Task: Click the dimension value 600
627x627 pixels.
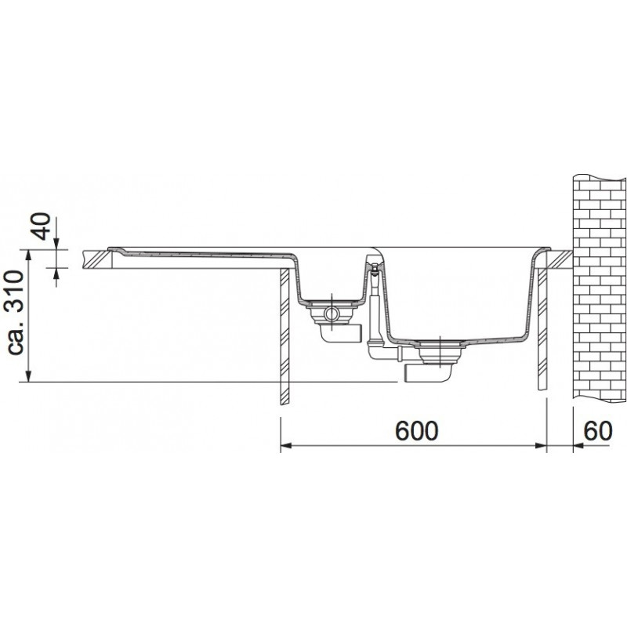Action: point(417,430)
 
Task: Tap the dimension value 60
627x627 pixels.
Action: point(598,430)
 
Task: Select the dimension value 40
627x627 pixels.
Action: point(42,226)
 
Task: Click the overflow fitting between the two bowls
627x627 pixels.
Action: point(375,269)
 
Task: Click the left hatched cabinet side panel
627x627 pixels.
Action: point(284,337)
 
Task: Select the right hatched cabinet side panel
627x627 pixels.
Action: point(542,328)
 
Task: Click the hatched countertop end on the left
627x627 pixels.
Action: point(98,259)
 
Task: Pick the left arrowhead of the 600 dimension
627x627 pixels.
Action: point(286,445)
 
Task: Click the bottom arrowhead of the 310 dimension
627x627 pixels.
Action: point(28,376)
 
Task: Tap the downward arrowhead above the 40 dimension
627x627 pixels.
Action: point(56,244)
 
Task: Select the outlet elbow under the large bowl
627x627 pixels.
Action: point(428,373)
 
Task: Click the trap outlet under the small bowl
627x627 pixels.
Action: point(341,332)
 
